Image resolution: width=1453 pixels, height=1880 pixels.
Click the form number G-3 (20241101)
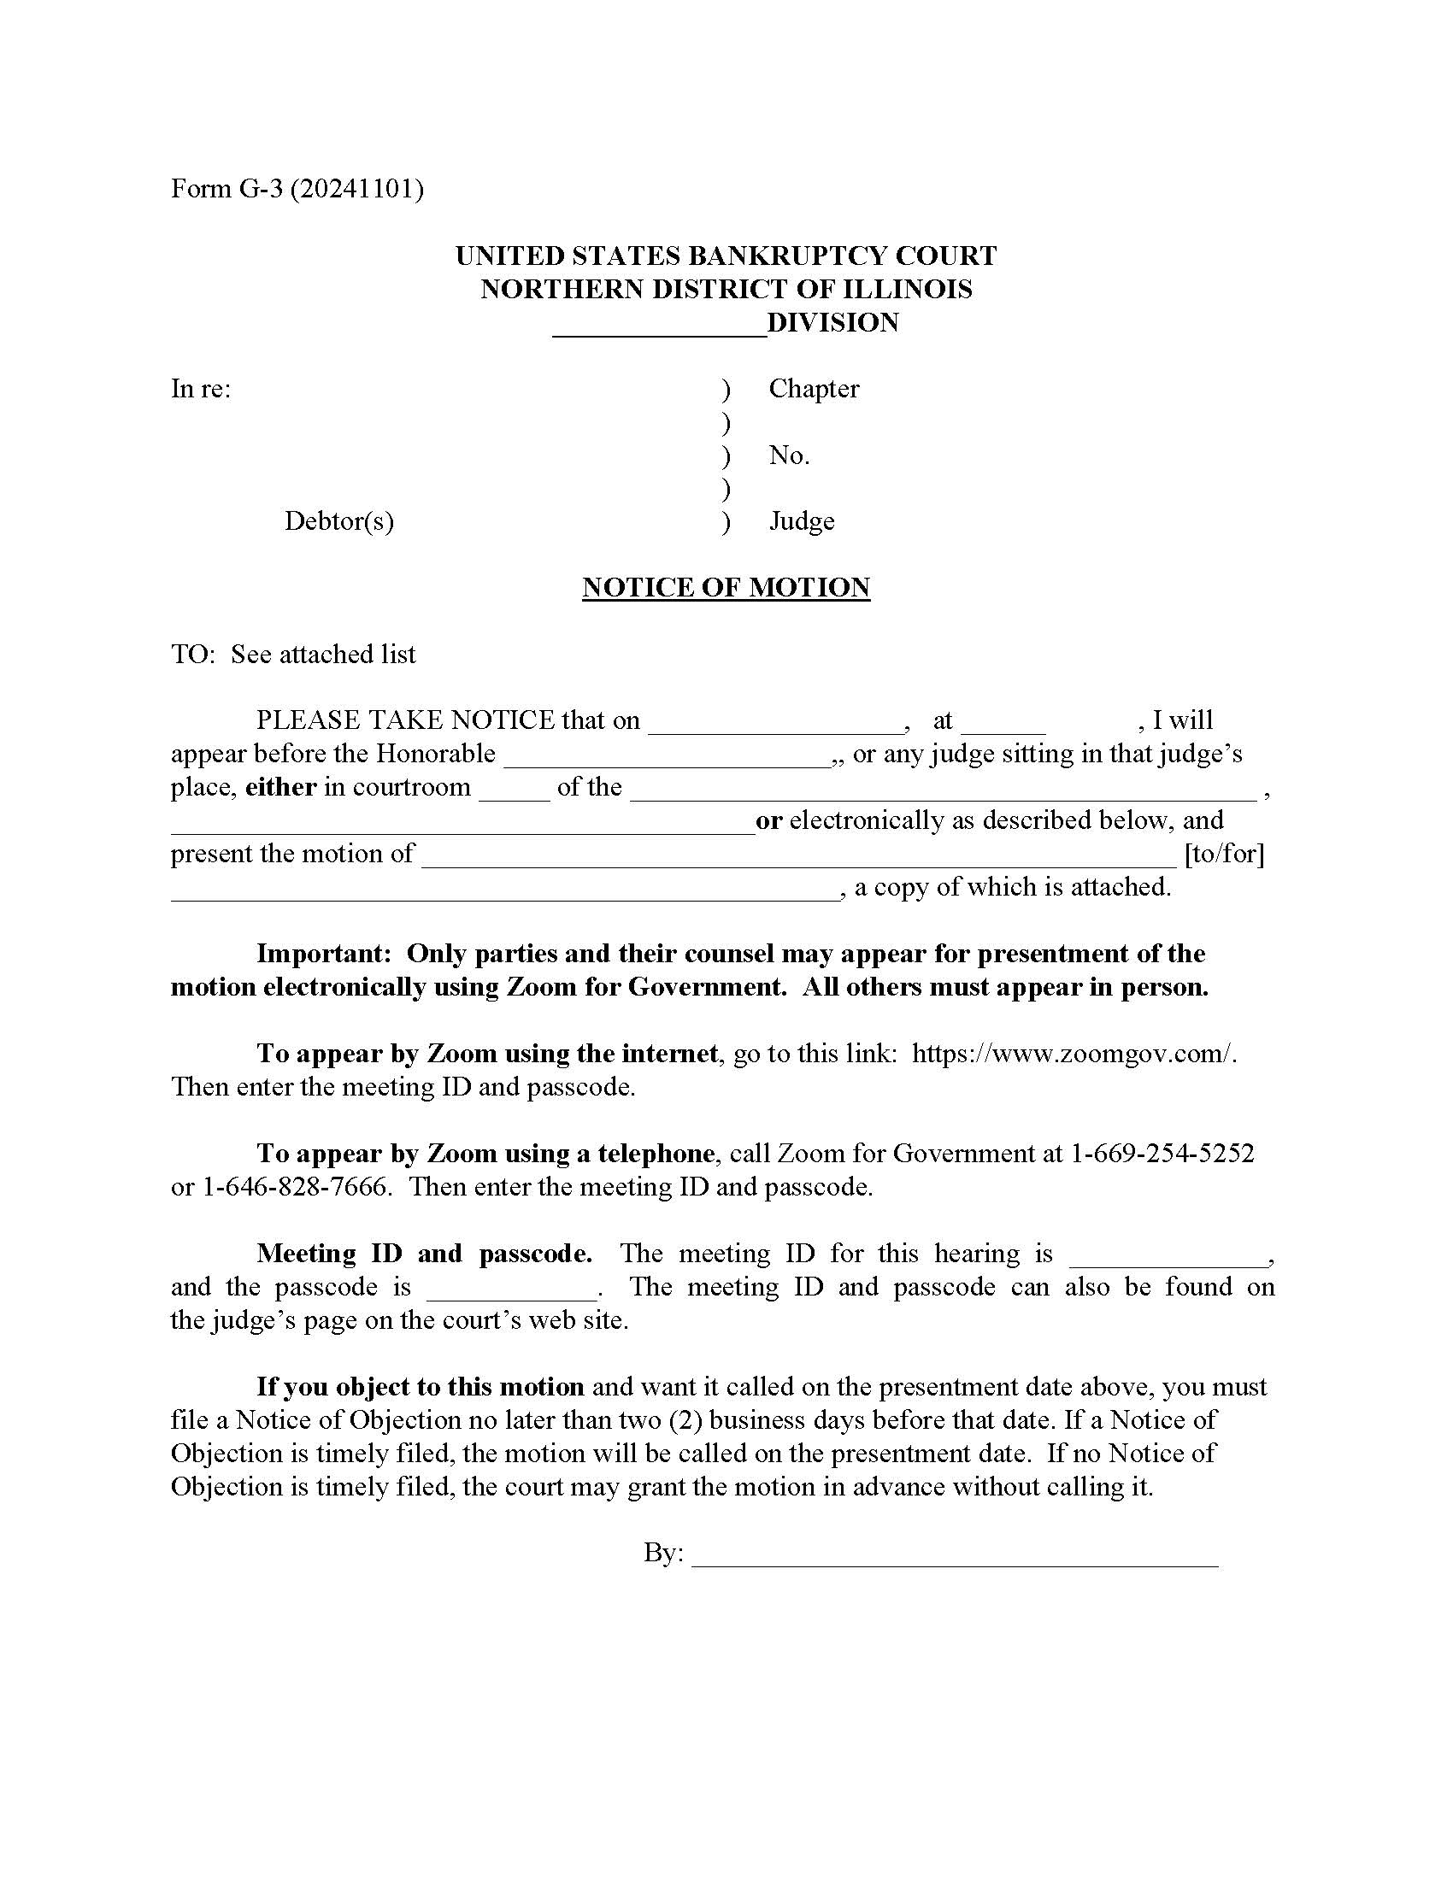pyautogui.click(x=297, y=189)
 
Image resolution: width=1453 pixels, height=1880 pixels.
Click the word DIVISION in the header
pyautogui.click(x=832, y=323)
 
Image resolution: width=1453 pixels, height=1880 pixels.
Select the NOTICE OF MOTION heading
pyautogui.click(x=726, y=587)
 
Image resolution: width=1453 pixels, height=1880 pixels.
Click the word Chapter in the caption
pyautogui.click(x=814, y=388)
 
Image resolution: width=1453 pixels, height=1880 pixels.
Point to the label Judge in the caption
pyautogui.click(x=802, y=520)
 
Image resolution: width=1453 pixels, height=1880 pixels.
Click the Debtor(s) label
pyautogui.click(x=339, y=520)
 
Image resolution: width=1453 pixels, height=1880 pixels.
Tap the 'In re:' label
pyautogui.click(x=201, y=388)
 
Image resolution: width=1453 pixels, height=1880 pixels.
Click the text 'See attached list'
pyautogui.click(x=323, y=655)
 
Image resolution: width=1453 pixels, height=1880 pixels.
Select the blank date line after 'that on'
pyautogui.click(x=775, y=727)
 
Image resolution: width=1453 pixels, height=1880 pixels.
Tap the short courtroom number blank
pyautogui.click(x=514, y=795)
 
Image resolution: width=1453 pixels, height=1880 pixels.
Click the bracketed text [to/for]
pyautogui.click(x=1224, y=854)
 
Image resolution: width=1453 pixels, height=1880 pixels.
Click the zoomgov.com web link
pyautogui.click(x=1074, y=1054)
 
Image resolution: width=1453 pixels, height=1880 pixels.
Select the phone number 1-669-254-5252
pyautogui.click(x=1162, y=1154)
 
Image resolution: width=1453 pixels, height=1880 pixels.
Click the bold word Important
pyautogui.click(x=324, y=954)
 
